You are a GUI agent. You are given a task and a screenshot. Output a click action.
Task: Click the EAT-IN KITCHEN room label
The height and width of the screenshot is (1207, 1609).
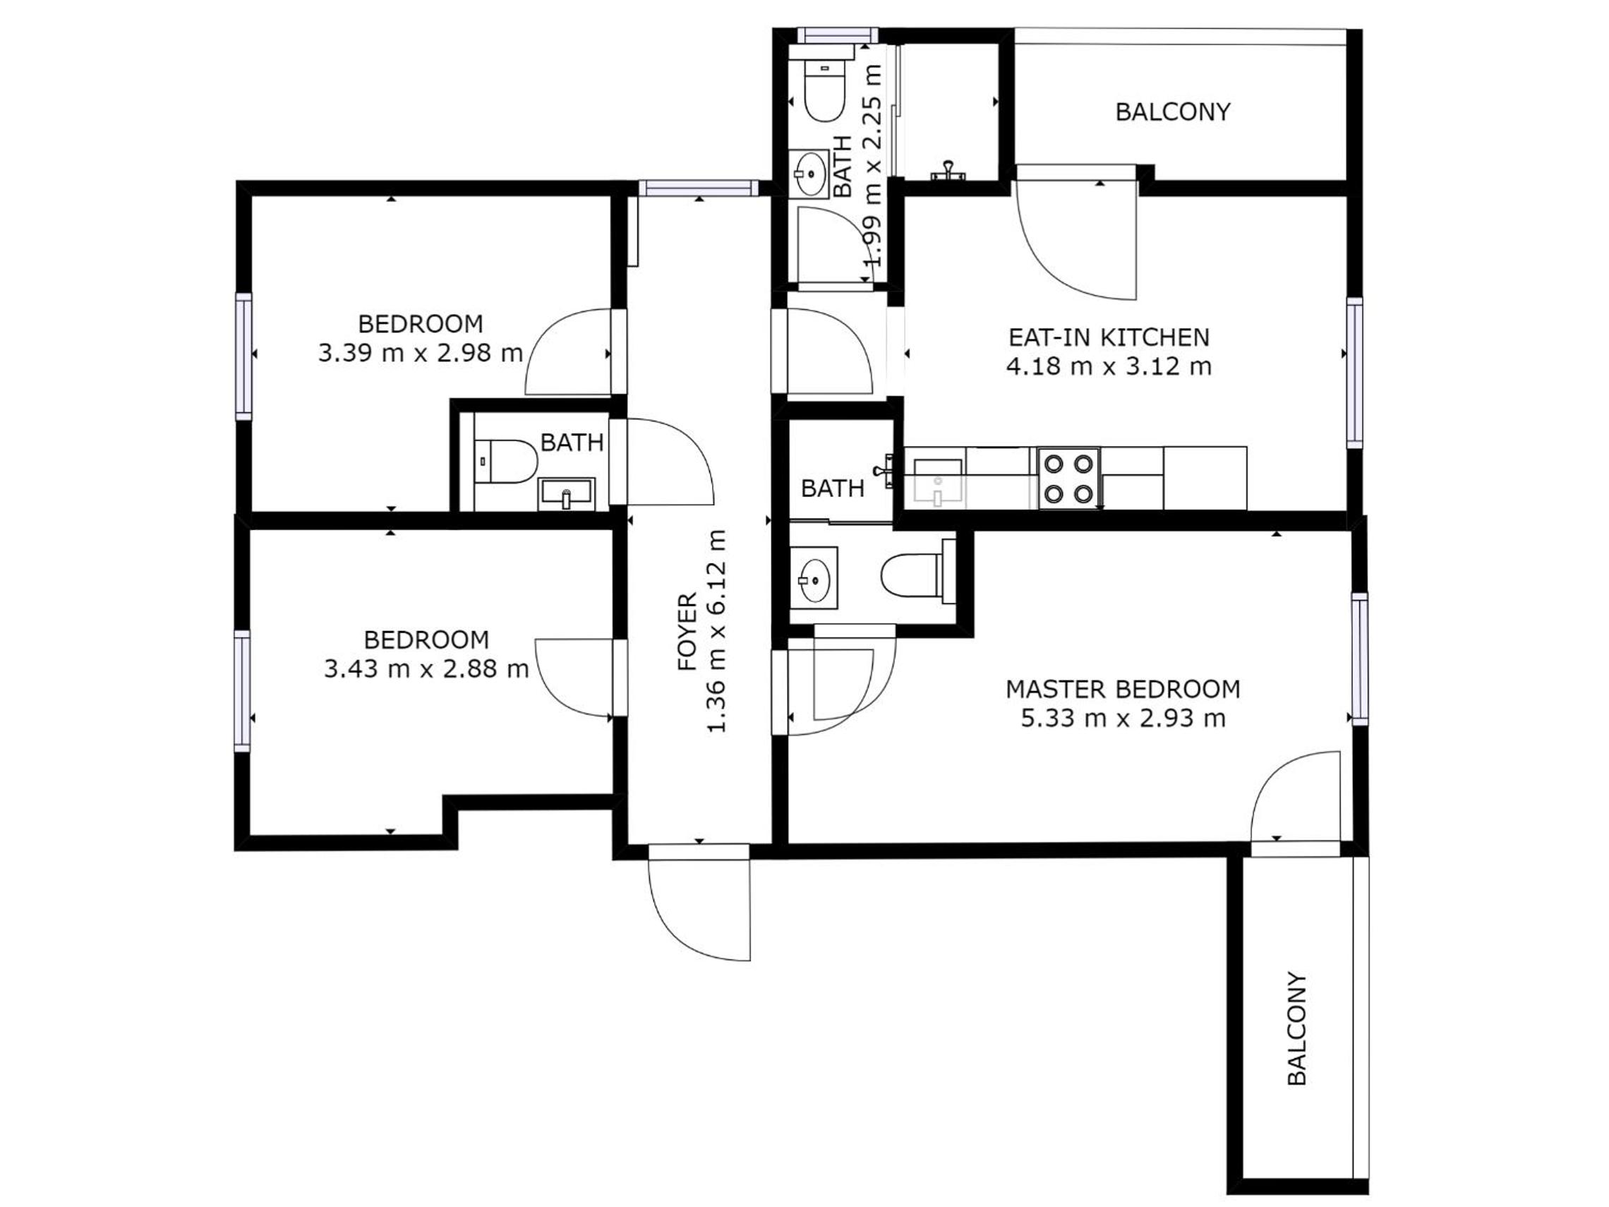1109,337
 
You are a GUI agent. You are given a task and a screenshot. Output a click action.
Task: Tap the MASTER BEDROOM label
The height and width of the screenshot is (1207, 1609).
1122,689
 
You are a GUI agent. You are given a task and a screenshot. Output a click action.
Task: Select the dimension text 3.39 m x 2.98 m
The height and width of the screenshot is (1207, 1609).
421,353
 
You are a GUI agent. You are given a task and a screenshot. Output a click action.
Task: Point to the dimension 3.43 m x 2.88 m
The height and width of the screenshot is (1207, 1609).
426,668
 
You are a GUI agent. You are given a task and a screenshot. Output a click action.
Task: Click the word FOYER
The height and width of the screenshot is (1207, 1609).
687,632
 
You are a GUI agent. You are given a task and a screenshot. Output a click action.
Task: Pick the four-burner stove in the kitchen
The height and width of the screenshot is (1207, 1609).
1068,478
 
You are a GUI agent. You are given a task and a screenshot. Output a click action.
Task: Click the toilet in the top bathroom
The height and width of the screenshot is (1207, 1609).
825,90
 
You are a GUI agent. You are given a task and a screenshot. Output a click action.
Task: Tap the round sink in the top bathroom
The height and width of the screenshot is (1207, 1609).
809,174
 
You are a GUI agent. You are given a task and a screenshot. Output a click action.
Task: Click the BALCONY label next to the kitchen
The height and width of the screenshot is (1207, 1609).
1173,112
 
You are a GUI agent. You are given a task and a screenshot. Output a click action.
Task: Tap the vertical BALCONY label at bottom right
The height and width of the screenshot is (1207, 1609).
1297,1028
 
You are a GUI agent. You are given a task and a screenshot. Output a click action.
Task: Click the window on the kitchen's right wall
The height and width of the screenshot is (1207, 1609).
1354,373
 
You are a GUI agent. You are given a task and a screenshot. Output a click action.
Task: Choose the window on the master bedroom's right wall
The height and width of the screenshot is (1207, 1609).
1359,659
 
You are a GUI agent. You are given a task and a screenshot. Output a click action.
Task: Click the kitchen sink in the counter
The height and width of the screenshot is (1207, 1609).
939,481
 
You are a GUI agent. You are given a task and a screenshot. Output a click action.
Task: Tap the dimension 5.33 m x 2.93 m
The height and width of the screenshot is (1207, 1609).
1123,718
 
